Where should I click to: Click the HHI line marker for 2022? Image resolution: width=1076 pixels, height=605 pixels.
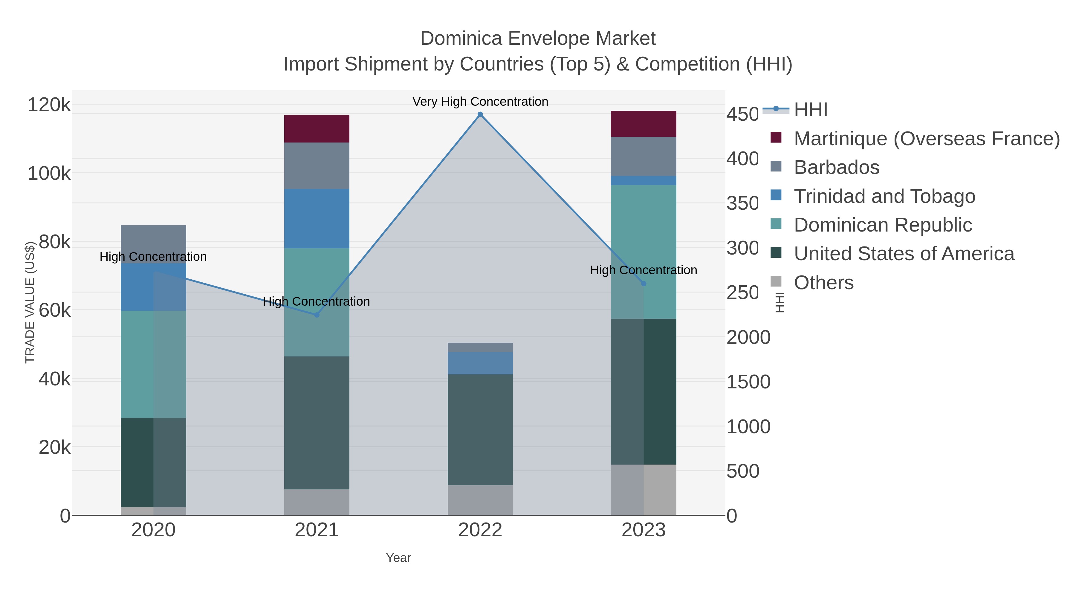click(x=480, y=114)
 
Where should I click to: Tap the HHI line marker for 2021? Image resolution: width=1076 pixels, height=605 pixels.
click(x=317, y=315)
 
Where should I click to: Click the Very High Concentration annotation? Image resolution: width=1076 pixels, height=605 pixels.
click(x=480, y=102)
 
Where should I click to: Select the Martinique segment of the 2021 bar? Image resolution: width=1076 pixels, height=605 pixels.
click(x=317, y=128)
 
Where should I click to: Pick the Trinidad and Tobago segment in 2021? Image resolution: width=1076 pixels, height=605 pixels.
click(x=317, y=218)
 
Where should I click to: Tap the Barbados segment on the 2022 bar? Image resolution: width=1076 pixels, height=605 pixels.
click(x=480, y=347)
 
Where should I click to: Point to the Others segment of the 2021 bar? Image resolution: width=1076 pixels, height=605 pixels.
click(x=317, y=502)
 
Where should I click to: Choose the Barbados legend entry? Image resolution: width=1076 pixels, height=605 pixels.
click(x=836, y=167)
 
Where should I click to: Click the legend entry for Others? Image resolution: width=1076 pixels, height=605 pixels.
click(x=823, y=283)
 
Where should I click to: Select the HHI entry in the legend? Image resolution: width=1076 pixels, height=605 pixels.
click(x=810, y=110)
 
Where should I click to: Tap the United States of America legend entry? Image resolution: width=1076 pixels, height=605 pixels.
click(x=904, y=254)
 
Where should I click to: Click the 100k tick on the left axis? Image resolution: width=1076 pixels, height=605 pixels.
click(x=49, y=173)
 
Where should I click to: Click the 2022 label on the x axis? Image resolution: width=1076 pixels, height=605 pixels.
click(x=480, y=530)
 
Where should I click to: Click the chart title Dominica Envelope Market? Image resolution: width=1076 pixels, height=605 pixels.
click(x=538, y=39)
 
